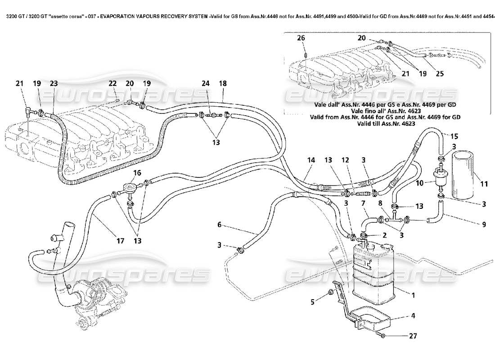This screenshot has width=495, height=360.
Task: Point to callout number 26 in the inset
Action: tap(301, 38)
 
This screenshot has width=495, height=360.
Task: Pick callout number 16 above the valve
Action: tap(136, 172)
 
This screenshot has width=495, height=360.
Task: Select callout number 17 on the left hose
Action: tap(120, 241)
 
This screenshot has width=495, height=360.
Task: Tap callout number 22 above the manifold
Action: tap(112, 83)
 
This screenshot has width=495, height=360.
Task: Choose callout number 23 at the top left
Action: tap(54, 83)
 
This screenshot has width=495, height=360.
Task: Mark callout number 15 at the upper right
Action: tap(454, 135)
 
